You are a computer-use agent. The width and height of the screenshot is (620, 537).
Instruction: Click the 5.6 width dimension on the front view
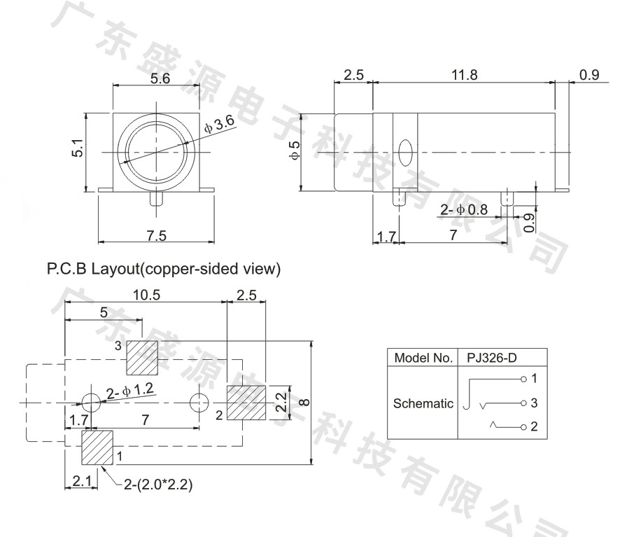click(x=160, y=78)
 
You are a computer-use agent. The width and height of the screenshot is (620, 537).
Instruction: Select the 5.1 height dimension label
click(x=78, y=148)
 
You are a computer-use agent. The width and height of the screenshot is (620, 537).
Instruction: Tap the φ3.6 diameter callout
click(x=220, y=124)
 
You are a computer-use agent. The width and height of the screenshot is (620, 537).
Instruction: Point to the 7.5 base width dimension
click(x=157, y=235)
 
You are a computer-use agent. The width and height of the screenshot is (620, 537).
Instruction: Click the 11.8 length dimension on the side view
click(x=464, y=75)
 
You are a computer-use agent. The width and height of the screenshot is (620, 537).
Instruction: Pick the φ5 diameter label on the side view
click(x=295, y=151)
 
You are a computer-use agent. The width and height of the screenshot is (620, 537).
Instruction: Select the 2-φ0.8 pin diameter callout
click(x=464, y=209)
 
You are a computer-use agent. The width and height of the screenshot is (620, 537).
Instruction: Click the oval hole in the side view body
click(x=405, y=153)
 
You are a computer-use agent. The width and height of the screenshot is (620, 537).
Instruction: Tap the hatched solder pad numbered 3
click(x=142, y=358)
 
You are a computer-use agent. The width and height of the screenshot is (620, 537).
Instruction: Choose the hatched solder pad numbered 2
click(x=246, y=403)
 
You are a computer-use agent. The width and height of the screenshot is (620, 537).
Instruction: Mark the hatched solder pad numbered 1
click(x=97, y=447)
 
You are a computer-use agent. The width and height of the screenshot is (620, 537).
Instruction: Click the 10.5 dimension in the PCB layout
click(x=146, y=295)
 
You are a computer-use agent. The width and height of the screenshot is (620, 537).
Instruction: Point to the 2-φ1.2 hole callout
click(x=129, y=391)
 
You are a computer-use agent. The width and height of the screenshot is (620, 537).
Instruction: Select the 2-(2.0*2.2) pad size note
click(x=158, y=484)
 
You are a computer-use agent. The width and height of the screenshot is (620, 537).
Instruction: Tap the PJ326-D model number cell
click(x=491, y=358)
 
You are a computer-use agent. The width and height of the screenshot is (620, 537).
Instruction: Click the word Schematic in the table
click(x=423, y=403)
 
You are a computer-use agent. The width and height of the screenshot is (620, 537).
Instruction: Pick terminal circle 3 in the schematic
click(x=523, y=403)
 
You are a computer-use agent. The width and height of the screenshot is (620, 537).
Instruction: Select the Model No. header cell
click(x=423, y=358)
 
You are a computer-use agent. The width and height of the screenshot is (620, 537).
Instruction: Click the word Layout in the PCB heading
click(x=115, y=269)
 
